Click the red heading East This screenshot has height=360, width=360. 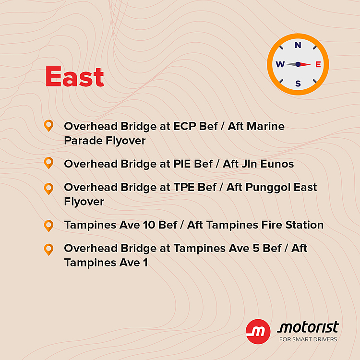(x=74, y=77)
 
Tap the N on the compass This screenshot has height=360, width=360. (x=298, y=45)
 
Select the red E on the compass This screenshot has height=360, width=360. (x=318, y=64)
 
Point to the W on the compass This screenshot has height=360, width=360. (x=280, y=64)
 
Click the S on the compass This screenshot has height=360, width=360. (x=298, y=84)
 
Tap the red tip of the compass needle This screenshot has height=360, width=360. (x=310, y=64)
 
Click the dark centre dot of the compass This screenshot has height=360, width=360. (x=298, y=64)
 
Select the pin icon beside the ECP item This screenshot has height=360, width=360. (x=48, y=126)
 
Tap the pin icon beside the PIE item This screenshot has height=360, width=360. (x=48, y=163)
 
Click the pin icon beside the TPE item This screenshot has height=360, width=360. (x=48, y=189)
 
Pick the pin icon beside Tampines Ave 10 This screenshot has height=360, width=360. (x=48, y=226)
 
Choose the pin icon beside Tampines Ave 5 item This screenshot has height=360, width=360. (x=48, y=250)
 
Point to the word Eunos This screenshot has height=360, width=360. (x=277, y=164)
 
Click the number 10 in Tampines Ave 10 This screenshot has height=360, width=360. (x=149, y=225)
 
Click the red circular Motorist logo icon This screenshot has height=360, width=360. (x=258, y=332)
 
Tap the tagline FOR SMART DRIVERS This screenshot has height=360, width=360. (x=308, y=339)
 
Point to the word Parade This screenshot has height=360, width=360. (x=83, y=141)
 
